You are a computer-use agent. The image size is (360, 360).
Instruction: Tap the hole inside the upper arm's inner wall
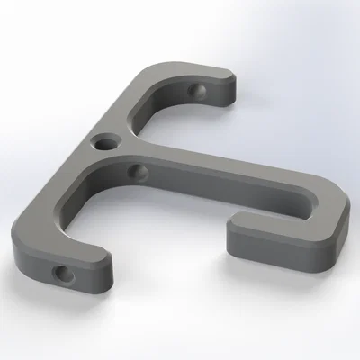198,92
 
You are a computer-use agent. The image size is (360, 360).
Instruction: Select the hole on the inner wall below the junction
138,170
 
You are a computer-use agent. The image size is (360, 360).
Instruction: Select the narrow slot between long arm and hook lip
279,213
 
